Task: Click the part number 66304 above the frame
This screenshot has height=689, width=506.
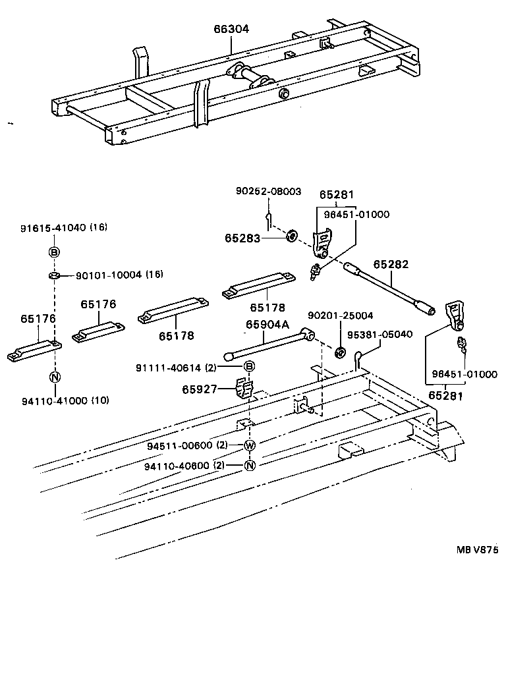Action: [231, 30]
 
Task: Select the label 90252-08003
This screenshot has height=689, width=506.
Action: [268, 192]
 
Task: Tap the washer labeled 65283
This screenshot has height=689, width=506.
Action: [291, 236]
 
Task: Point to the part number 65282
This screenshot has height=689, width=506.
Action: [391, 264]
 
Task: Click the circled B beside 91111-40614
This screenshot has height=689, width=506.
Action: [249, 367]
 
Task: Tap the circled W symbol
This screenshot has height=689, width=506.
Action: [249, 445]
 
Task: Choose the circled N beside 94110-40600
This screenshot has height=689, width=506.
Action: [249, 465]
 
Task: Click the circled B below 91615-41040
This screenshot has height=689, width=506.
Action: [55, 252]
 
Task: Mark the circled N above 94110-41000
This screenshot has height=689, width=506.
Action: [55, 377]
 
